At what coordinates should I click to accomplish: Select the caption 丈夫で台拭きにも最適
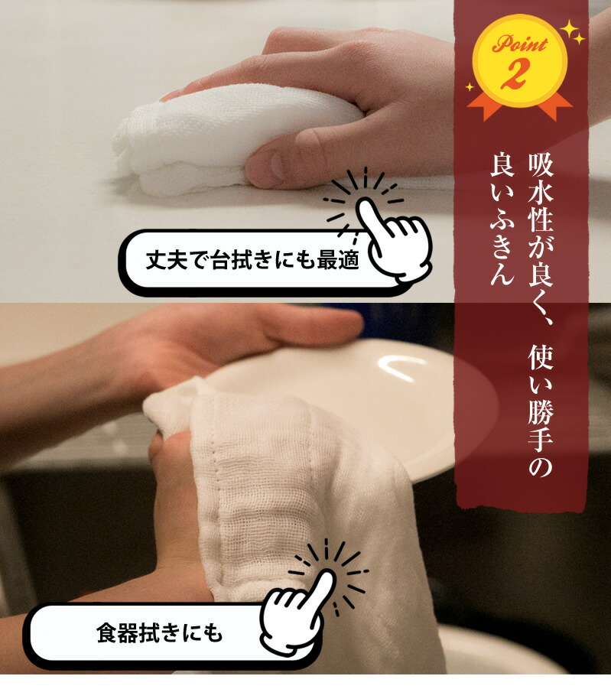click(252, 260)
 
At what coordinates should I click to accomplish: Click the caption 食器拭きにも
click(160, 633)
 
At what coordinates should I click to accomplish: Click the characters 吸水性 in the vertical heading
click(541, 193)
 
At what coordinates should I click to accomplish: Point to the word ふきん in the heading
click(502, 248)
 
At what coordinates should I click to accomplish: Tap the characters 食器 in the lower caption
click(117, 633)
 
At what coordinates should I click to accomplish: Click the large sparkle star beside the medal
click(570, 29)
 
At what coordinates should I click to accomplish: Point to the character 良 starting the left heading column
click(502, 164)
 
